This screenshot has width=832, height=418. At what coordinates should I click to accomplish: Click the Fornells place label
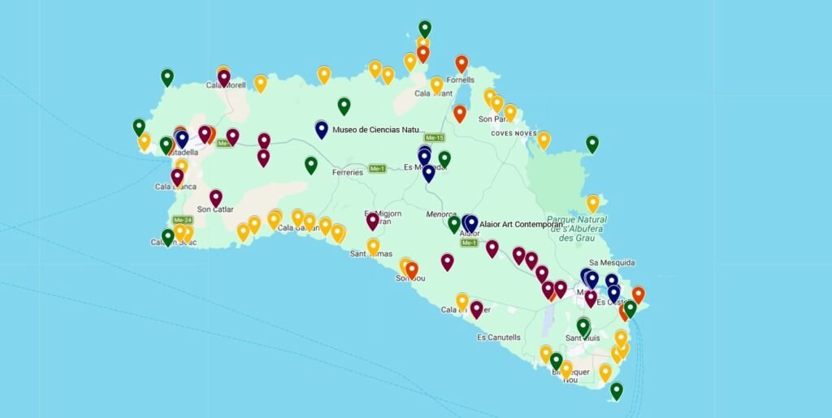pyautogui.click(x=461, y=80)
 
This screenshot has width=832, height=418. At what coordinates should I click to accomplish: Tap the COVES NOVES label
pyautogui.click(x=513, y=133)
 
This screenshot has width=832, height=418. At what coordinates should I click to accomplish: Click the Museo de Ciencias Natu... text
pyautogui.click(x=379, y=129)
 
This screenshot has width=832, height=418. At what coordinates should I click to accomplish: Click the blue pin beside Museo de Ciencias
pyautogui.click(x=322, y=128)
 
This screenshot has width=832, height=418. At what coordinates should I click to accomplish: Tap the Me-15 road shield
pyautogui.click(x=434, y=138)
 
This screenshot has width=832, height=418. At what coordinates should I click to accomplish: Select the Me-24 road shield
pyautogui.click(x=182, y=220)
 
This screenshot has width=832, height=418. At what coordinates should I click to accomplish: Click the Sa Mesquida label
pyautogui.click(x=612, y=262)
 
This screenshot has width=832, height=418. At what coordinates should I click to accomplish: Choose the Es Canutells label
pyautogui.click(x=499, y=337)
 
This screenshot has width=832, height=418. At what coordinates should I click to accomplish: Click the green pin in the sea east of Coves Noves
pyautogui.click(x=592, y=143)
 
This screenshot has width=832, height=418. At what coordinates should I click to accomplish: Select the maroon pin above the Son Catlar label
pyautogui.click(x=215, y=196)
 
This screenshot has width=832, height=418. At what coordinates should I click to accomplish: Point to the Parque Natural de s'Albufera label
pyautogui.click(x=578, y=228)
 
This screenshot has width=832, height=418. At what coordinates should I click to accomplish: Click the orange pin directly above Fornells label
pyautogui.click(x=461, y=62)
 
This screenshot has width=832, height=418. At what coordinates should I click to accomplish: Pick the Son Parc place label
pyautogui.click(x=494, y=119)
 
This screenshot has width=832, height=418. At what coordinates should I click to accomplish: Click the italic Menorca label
pyautogui.click(x=441, y=214)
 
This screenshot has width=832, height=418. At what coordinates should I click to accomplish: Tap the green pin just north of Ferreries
pyautogui.click(x=310, y=164)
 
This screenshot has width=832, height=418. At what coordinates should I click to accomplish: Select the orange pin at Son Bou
pyautogui.click(x=412, y=269)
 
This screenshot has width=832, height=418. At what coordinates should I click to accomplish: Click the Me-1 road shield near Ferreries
pyautogui.click(x=377, y=169)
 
